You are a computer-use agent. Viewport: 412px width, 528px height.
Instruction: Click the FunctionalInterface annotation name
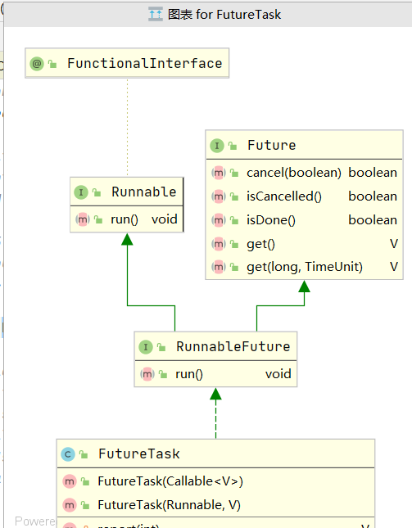pos(144,63)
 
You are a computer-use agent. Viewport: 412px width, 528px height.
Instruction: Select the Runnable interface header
pos(143,192)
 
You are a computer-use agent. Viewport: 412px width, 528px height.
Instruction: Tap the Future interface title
pos(271,145)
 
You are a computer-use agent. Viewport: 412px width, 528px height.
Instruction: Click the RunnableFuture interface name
pos(233,346)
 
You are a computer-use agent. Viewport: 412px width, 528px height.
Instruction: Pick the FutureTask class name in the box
pos(138,453)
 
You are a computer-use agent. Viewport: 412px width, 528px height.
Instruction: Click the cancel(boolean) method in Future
pos(293,172)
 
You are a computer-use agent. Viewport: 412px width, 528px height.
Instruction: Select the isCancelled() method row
pos(283,196)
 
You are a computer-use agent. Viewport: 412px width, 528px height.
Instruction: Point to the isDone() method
pos(270,219)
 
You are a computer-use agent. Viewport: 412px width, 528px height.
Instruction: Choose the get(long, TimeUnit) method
pos(304,266)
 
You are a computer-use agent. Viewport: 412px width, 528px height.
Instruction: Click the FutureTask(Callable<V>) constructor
pos(170,481)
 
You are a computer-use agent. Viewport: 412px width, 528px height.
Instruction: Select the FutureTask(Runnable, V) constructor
pos(169,504)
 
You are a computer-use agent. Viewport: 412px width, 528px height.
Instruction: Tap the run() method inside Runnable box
pos(124,219)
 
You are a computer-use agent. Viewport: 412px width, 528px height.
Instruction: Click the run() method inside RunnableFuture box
pos(188,373)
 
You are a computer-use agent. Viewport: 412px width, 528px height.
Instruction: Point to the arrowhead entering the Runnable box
pos(127,239)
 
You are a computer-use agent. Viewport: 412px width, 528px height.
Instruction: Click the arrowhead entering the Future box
pos(305,286)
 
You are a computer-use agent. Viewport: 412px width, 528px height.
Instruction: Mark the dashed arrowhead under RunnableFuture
pos(215,394)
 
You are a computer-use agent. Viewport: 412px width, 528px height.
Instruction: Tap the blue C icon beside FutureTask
pos(68,454)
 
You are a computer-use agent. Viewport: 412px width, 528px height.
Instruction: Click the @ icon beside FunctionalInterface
pos(37,63)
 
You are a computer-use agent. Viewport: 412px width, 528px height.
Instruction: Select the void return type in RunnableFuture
pos(278,373)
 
